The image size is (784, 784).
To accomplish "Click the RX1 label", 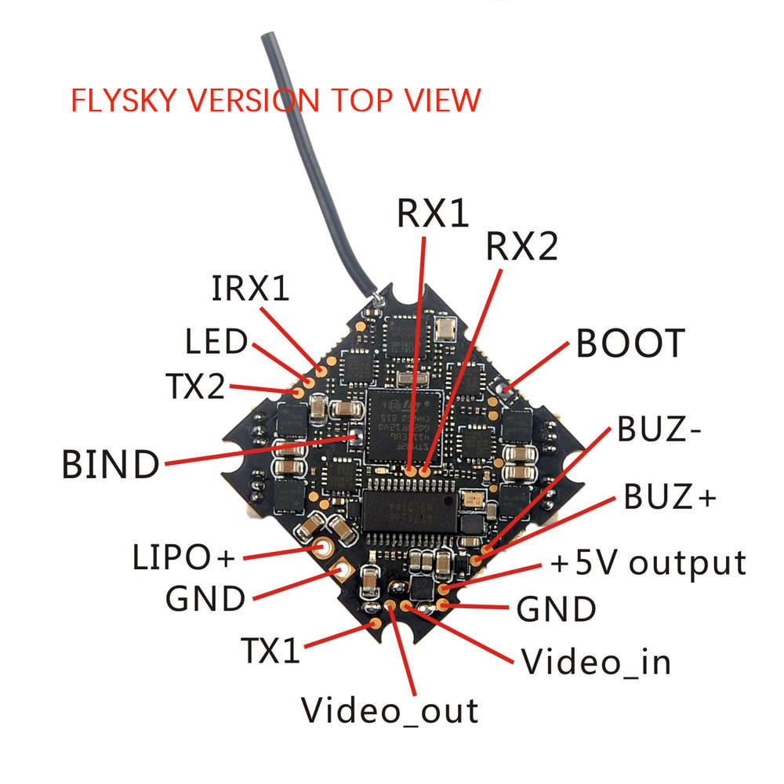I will (433, 213).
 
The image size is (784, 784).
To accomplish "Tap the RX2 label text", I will (521, 248).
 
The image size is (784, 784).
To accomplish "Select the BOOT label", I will (630, 343).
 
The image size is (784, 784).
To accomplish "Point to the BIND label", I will (110, 465).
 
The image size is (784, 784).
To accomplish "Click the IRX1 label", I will (250, 289).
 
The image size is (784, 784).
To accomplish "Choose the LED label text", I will (216, 343).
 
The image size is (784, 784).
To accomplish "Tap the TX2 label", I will (195, 386).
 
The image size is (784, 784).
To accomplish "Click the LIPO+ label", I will (183, 558).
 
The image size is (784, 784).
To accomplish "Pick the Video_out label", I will (390, 710).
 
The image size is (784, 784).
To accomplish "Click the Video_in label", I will (597, 662).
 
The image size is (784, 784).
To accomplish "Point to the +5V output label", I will (648, 563).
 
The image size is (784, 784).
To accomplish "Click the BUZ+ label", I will (670, 497).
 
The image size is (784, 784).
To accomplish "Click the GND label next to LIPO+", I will (205, 599).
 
